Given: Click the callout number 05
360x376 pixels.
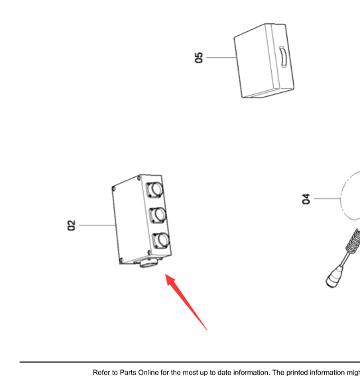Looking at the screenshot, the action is pyautogui.click(x=199, y=58).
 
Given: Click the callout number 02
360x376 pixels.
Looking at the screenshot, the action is pyautogui.click(x=71, y=225).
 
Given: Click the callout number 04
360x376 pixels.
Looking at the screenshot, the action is pyautogui.click(x=306, y=199).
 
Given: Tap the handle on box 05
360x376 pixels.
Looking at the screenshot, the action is pyautogui.click(x=283, y=56).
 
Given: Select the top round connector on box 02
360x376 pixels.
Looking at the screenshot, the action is pyautogui.click(x=155, y=189).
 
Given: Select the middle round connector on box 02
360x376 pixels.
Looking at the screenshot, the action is pyautogui.click(x=158, y=215).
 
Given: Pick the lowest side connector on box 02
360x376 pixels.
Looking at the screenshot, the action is pyautogui.click(x=161, y=241).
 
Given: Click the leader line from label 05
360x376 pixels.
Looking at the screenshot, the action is pyautogui.click(x=221, y=58).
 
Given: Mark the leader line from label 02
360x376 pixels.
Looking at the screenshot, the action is pyautogui.click(x=97, y=225).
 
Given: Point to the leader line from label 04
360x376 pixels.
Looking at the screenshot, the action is pyautogui.click(x=327, y=198).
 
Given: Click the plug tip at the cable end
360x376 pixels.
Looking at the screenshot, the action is pyautogui.click(x=333, y=278).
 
